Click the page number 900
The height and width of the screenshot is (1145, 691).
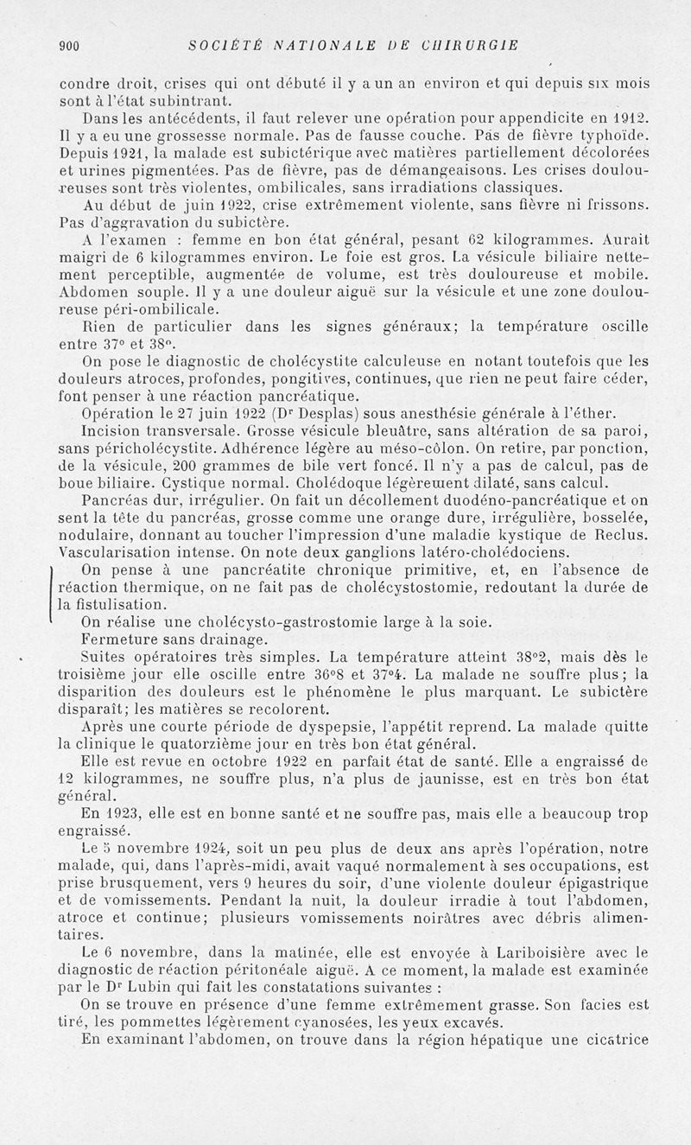tap(69, 46)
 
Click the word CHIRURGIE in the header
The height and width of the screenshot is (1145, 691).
tap(471, 46)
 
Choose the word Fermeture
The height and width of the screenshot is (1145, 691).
tap(118, 639)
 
